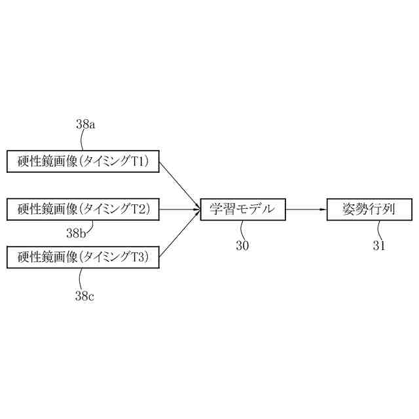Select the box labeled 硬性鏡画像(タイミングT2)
pyautogui.click(x=83, y=209)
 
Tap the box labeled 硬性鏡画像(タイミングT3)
pyautogui.click(x=83, y=257)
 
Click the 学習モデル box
pyautogui.click(x=243, y=209)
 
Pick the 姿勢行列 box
pyautogui.click(x=371, y=209)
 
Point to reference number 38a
pyautogui.click(x=86, y=124)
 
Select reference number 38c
pyautogui.click(x=84, y=296)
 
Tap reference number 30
pyautogui.click(x=242, y=246)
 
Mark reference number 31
pyautogui.click(x=379, y=246)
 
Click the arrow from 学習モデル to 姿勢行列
pyautogui.click(x=306, y=209)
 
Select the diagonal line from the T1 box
pyautogui.click(x=179, y=185)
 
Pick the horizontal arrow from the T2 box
pyautogui.click(x=179, y=209)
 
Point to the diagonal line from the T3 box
pyautogui.click(x=179, y=234)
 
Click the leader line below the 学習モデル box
pyautogui.click(x=242, y=230)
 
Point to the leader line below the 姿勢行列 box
pyautogui.click(x=378, y=230)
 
